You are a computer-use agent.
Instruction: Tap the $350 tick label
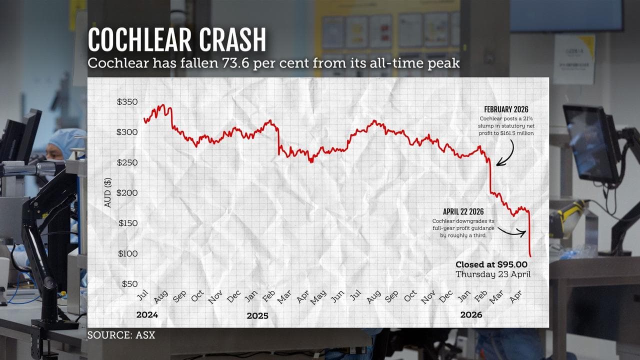coord(127,102)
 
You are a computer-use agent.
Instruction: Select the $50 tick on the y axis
coord(129,284)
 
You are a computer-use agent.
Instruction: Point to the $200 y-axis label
coord(127,193)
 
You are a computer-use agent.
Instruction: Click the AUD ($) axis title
coord(107,193)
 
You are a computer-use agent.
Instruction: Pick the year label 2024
coord(147,315)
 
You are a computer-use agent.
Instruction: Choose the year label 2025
coord(257,316)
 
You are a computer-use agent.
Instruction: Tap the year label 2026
coord(471,314)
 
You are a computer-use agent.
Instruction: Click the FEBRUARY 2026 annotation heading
coord(505,109)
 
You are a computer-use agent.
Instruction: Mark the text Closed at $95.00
coord(491,264)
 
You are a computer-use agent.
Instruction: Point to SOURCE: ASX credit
coord(121,335)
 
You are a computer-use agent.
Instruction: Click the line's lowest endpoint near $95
coord(530,255)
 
